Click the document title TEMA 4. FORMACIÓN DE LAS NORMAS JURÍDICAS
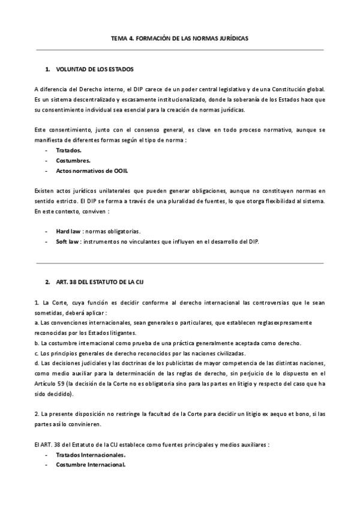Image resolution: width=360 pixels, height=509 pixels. click(x=179, y=38)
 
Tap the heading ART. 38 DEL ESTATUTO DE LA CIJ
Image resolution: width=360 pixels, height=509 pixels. click(x=99, y=282)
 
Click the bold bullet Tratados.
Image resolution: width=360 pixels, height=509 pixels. click(x=68, y=151)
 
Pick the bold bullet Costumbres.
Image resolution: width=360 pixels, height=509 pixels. click(x=73, y=160)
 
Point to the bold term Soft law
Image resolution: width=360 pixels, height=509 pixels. click(x=68, y=241)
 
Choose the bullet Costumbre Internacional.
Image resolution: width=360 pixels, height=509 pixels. click(x=91, y=465)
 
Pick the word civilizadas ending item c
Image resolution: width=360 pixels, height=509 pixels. click(x=214, y=353)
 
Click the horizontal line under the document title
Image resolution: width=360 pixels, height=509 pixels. click(x=179, y=50)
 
